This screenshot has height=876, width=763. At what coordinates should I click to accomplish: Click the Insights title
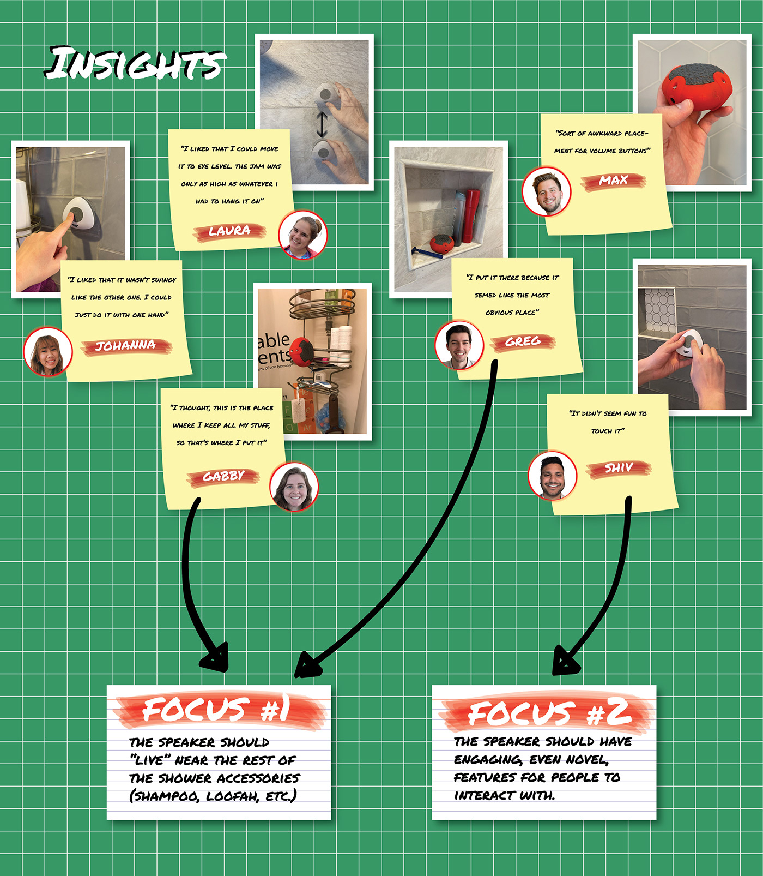coord(135,63)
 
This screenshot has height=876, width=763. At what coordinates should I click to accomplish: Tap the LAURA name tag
coord(229,231)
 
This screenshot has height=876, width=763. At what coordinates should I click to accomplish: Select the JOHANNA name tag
coord(126,346)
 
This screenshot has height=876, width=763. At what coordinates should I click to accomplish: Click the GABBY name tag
coord(223,477)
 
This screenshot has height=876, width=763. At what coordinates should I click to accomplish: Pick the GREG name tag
coord(523,342)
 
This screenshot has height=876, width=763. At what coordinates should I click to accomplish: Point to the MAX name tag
coord(614,181)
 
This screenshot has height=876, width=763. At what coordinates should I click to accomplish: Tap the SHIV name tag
coord(619,468)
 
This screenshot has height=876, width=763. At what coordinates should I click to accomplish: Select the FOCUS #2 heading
coord(548,713)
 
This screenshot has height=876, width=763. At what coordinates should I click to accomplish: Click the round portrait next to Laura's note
coord(302,235)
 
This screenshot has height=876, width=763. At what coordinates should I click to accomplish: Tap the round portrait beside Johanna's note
coord(48,352)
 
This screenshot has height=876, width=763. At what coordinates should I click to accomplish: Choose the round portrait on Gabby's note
coord(294,487)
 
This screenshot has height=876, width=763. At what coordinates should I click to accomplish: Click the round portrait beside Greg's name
coord(459,345)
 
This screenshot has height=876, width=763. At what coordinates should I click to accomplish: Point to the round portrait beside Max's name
coord(546,192)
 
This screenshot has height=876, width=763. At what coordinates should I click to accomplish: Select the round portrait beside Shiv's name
coord(552,476)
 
